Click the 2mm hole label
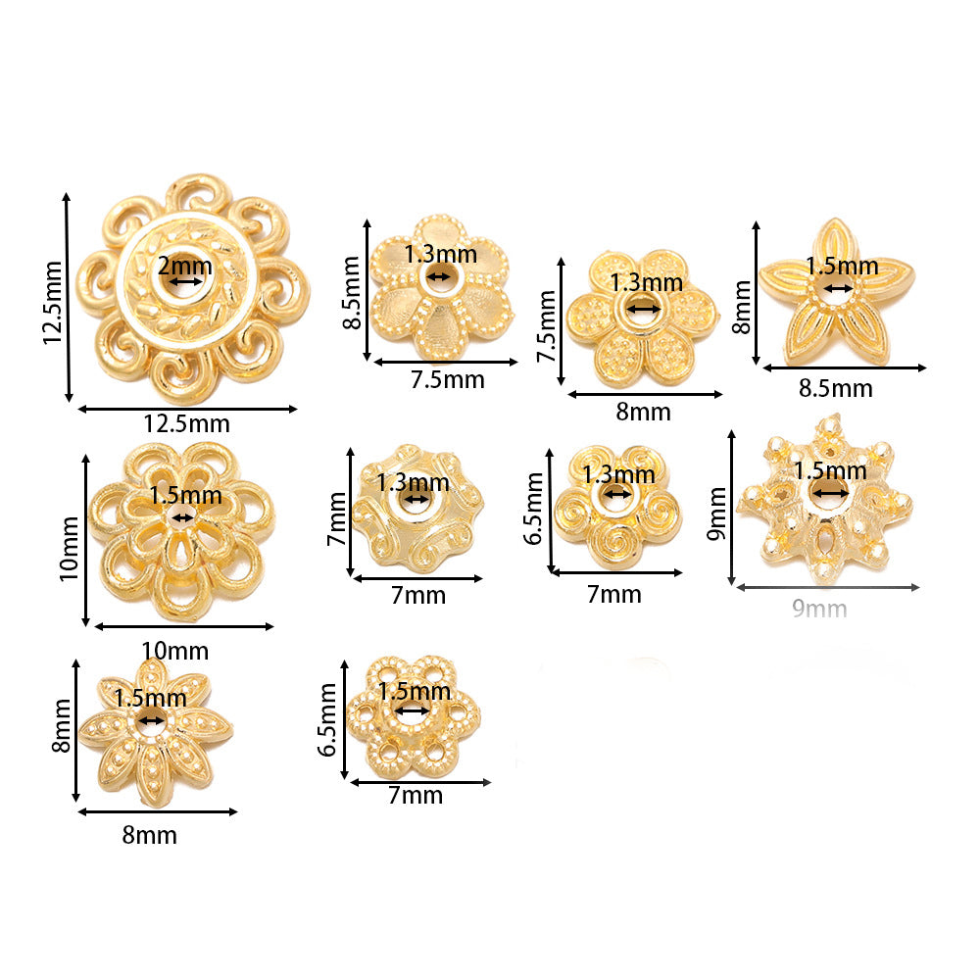click(x=184, y=267)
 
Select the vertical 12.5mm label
click(x=53, y=303)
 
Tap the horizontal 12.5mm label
click(x=187, y=423)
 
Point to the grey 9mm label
click(x=819, y=609)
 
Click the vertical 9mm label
click(x=717, y=514)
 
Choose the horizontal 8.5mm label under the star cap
click(x=836, y=388)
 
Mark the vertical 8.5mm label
click(x=353, y=292)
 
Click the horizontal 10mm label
click(x=175, y=651)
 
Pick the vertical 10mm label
click(x=70, y=549)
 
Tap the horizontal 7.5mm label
click(x=448, y=379)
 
